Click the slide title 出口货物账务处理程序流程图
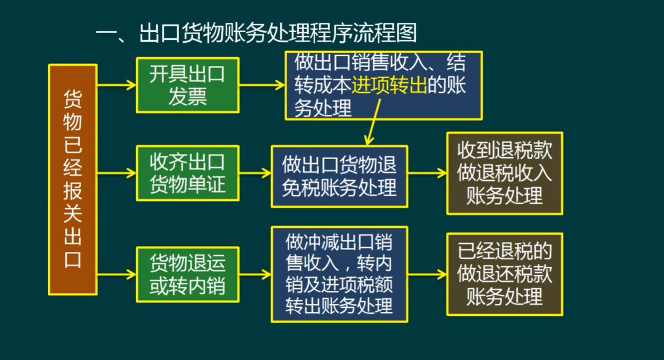point(278,33)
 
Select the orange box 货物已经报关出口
point(73,179)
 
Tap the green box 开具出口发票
point(188,85)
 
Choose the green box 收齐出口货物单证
point(188,173)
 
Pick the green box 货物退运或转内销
point(188,274)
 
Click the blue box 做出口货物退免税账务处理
point(339,176)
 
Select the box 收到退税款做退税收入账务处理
point(504,173)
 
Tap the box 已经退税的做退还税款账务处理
point(504,274)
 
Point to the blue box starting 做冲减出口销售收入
point(339,274)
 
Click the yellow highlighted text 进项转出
point(389,85)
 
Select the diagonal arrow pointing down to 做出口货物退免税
point(373,122)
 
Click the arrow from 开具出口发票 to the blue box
point(262,85)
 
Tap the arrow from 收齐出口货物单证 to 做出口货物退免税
point(255,173)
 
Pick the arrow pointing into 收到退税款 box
point(427,173)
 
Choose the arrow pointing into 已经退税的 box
point(427,274)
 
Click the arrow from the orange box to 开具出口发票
point(117,85)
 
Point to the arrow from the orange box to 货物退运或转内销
point(117,274)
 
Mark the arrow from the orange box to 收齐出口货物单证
point(117,173)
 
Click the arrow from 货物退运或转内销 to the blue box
point(255,274)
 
